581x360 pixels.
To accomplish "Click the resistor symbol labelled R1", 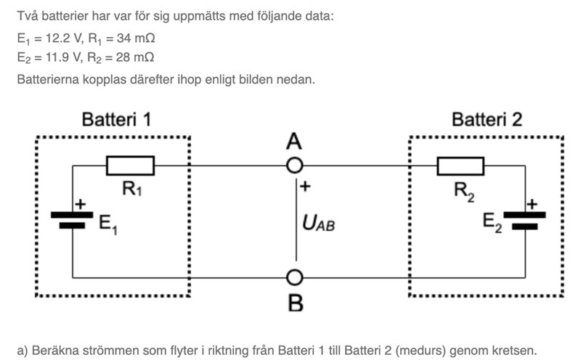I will (x=130, y=165).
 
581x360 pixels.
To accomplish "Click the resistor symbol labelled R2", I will (x=460, y=165).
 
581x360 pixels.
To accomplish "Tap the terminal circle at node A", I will (x=294, y=165).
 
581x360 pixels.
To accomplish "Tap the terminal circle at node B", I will (x=294, y=277).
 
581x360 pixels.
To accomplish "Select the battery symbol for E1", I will (x=72, y=220).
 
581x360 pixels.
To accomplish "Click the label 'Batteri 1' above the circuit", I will (x=117, y=120).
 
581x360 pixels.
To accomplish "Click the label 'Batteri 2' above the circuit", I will (x=487, y=120).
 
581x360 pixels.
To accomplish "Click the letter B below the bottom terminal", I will (x=295, y=303).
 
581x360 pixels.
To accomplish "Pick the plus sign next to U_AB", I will (x=305, y=187).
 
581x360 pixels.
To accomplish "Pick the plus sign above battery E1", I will (x=81, y=205).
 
